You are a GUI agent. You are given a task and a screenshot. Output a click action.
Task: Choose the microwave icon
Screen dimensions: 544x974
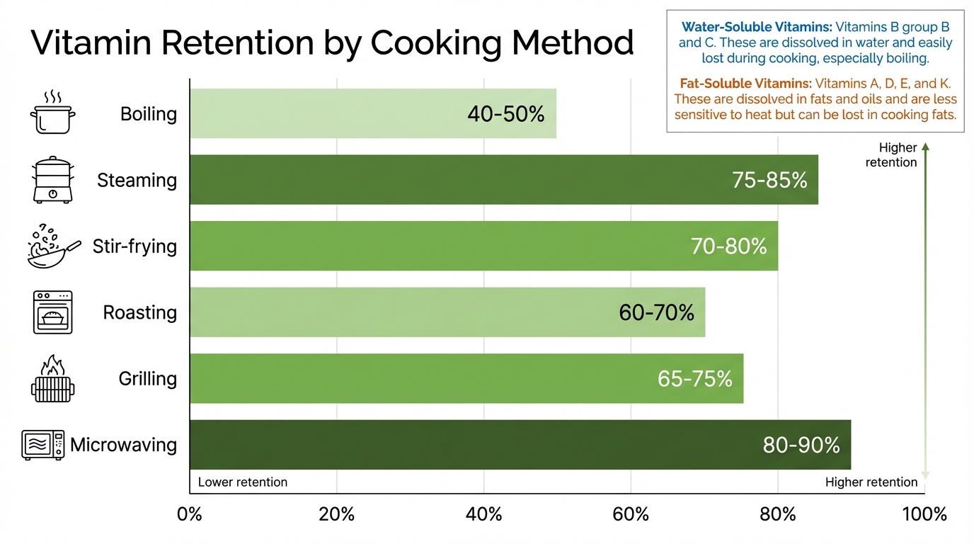[x=43, y=445]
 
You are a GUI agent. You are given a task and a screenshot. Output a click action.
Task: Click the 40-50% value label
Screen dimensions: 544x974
[x=506, y=114]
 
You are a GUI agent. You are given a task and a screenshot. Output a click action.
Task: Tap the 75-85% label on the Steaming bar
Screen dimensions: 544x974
[x=769, y=181]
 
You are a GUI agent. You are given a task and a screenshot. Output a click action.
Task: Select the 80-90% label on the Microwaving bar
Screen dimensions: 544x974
[x=801, y=446]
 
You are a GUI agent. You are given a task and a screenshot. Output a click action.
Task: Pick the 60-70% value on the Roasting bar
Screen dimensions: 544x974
[x=656, y=312]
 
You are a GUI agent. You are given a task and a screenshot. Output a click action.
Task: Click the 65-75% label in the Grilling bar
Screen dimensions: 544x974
[x=694, y=379]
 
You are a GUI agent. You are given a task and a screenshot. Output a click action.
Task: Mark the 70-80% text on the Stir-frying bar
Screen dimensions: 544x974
[x=728, y=246]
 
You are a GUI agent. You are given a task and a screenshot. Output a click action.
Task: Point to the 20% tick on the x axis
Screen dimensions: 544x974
[x=337, y=514]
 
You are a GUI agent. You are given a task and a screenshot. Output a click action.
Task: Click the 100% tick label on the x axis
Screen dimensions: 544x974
[x=924, y=514]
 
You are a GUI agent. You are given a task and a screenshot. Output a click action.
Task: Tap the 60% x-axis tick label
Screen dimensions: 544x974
[x=631, y=514]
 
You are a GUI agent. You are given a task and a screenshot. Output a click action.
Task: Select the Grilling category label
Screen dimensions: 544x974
[x=147, y=379]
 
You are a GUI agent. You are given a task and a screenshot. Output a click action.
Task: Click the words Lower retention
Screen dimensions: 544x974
[x=243, y=482]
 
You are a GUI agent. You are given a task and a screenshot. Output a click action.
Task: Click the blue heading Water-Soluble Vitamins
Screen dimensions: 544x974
[x=756, y=27]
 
